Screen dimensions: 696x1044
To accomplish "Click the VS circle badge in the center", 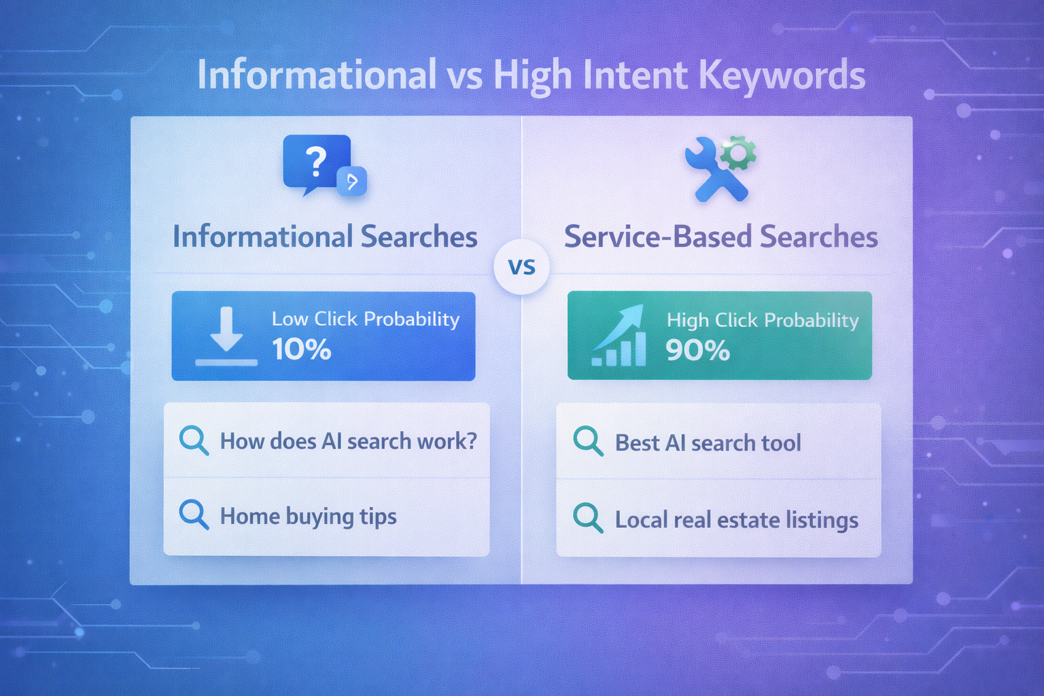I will [521, 267].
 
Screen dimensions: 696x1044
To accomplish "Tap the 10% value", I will [302, 349].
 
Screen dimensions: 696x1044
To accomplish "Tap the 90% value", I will [697, 351].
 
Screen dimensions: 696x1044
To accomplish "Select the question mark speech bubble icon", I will [317, 163].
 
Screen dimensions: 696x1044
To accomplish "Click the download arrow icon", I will [226, 335].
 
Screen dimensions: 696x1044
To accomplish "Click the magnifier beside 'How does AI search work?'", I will [194, 440].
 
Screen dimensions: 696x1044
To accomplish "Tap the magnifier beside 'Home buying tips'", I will [194, 515].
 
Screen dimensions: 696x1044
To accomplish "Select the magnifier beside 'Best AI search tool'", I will [588, 441].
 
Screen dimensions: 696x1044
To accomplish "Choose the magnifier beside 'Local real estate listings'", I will [588, 518].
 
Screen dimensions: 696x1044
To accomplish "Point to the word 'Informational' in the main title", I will [317, 75].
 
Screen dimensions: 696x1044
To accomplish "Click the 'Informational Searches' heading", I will [325, 237].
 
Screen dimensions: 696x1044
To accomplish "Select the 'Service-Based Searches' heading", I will [720, 237].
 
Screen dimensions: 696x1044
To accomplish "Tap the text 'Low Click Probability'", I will [366, 319].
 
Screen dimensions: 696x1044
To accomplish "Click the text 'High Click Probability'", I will [763, 320].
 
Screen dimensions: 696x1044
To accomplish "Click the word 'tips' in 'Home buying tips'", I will [378, 517].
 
